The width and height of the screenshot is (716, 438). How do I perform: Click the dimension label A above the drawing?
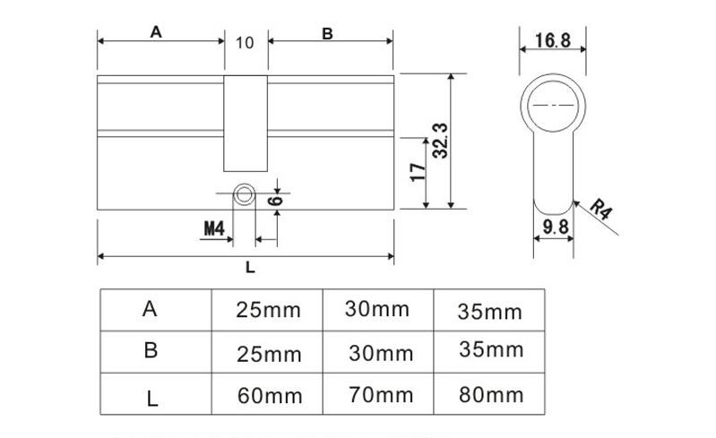point(155,32)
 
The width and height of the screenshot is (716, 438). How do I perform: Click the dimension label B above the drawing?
point(327,33)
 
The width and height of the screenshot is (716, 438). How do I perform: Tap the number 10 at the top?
point(245,42)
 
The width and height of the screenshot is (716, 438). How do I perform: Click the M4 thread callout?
point(212,228)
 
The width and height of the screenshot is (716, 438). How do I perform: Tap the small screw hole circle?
point(244,193)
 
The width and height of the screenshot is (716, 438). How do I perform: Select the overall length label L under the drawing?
point(250,267)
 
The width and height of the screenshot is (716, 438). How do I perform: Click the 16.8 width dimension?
point(552,40)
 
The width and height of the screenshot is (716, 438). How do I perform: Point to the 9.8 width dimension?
point(556,228)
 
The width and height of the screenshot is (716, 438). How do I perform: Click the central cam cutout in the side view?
point(245,123)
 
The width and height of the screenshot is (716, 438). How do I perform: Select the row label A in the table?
point(151,309)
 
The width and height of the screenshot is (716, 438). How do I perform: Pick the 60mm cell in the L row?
point(268,395)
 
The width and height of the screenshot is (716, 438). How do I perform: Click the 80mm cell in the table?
point(489,394)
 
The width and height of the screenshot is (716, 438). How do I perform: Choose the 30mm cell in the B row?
point(376,352)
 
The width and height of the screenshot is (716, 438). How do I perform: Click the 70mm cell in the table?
point(380,394)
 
